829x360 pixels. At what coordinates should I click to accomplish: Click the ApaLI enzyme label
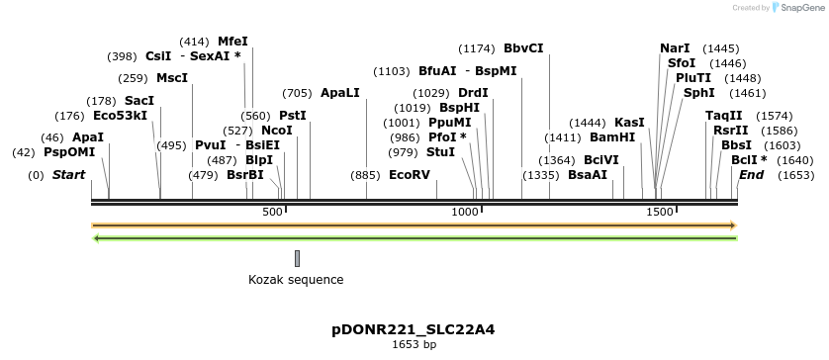(339, 93)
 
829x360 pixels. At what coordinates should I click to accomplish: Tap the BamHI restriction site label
(612, 137)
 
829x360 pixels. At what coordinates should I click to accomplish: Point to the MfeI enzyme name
(232, 42)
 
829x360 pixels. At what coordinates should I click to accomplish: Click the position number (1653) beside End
(796, 175)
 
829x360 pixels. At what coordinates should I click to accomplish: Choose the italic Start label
(68, 175)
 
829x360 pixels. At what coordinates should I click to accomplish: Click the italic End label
(751, 175)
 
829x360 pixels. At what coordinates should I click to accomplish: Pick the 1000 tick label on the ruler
(465, 212)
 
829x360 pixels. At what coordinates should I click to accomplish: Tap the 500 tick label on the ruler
(272, 212)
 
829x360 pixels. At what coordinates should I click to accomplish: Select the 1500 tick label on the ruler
(659, 212)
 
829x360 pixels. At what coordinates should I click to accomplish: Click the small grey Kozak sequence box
(297, 258)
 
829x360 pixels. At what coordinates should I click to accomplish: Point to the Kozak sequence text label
(296, 280)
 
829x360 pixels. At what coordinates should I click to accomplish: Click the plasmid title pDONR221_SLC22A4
(414, 329)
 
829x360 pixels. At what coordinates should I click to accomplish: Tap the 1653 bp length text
(414, 345)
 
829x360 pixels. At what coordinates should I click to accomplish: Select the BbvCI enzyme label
(523, 48)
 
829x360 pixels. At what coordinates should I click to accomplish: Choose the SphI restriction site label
(698, 93)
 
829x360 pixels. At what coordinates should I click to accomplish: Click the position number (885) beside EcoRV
(365, 175)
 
